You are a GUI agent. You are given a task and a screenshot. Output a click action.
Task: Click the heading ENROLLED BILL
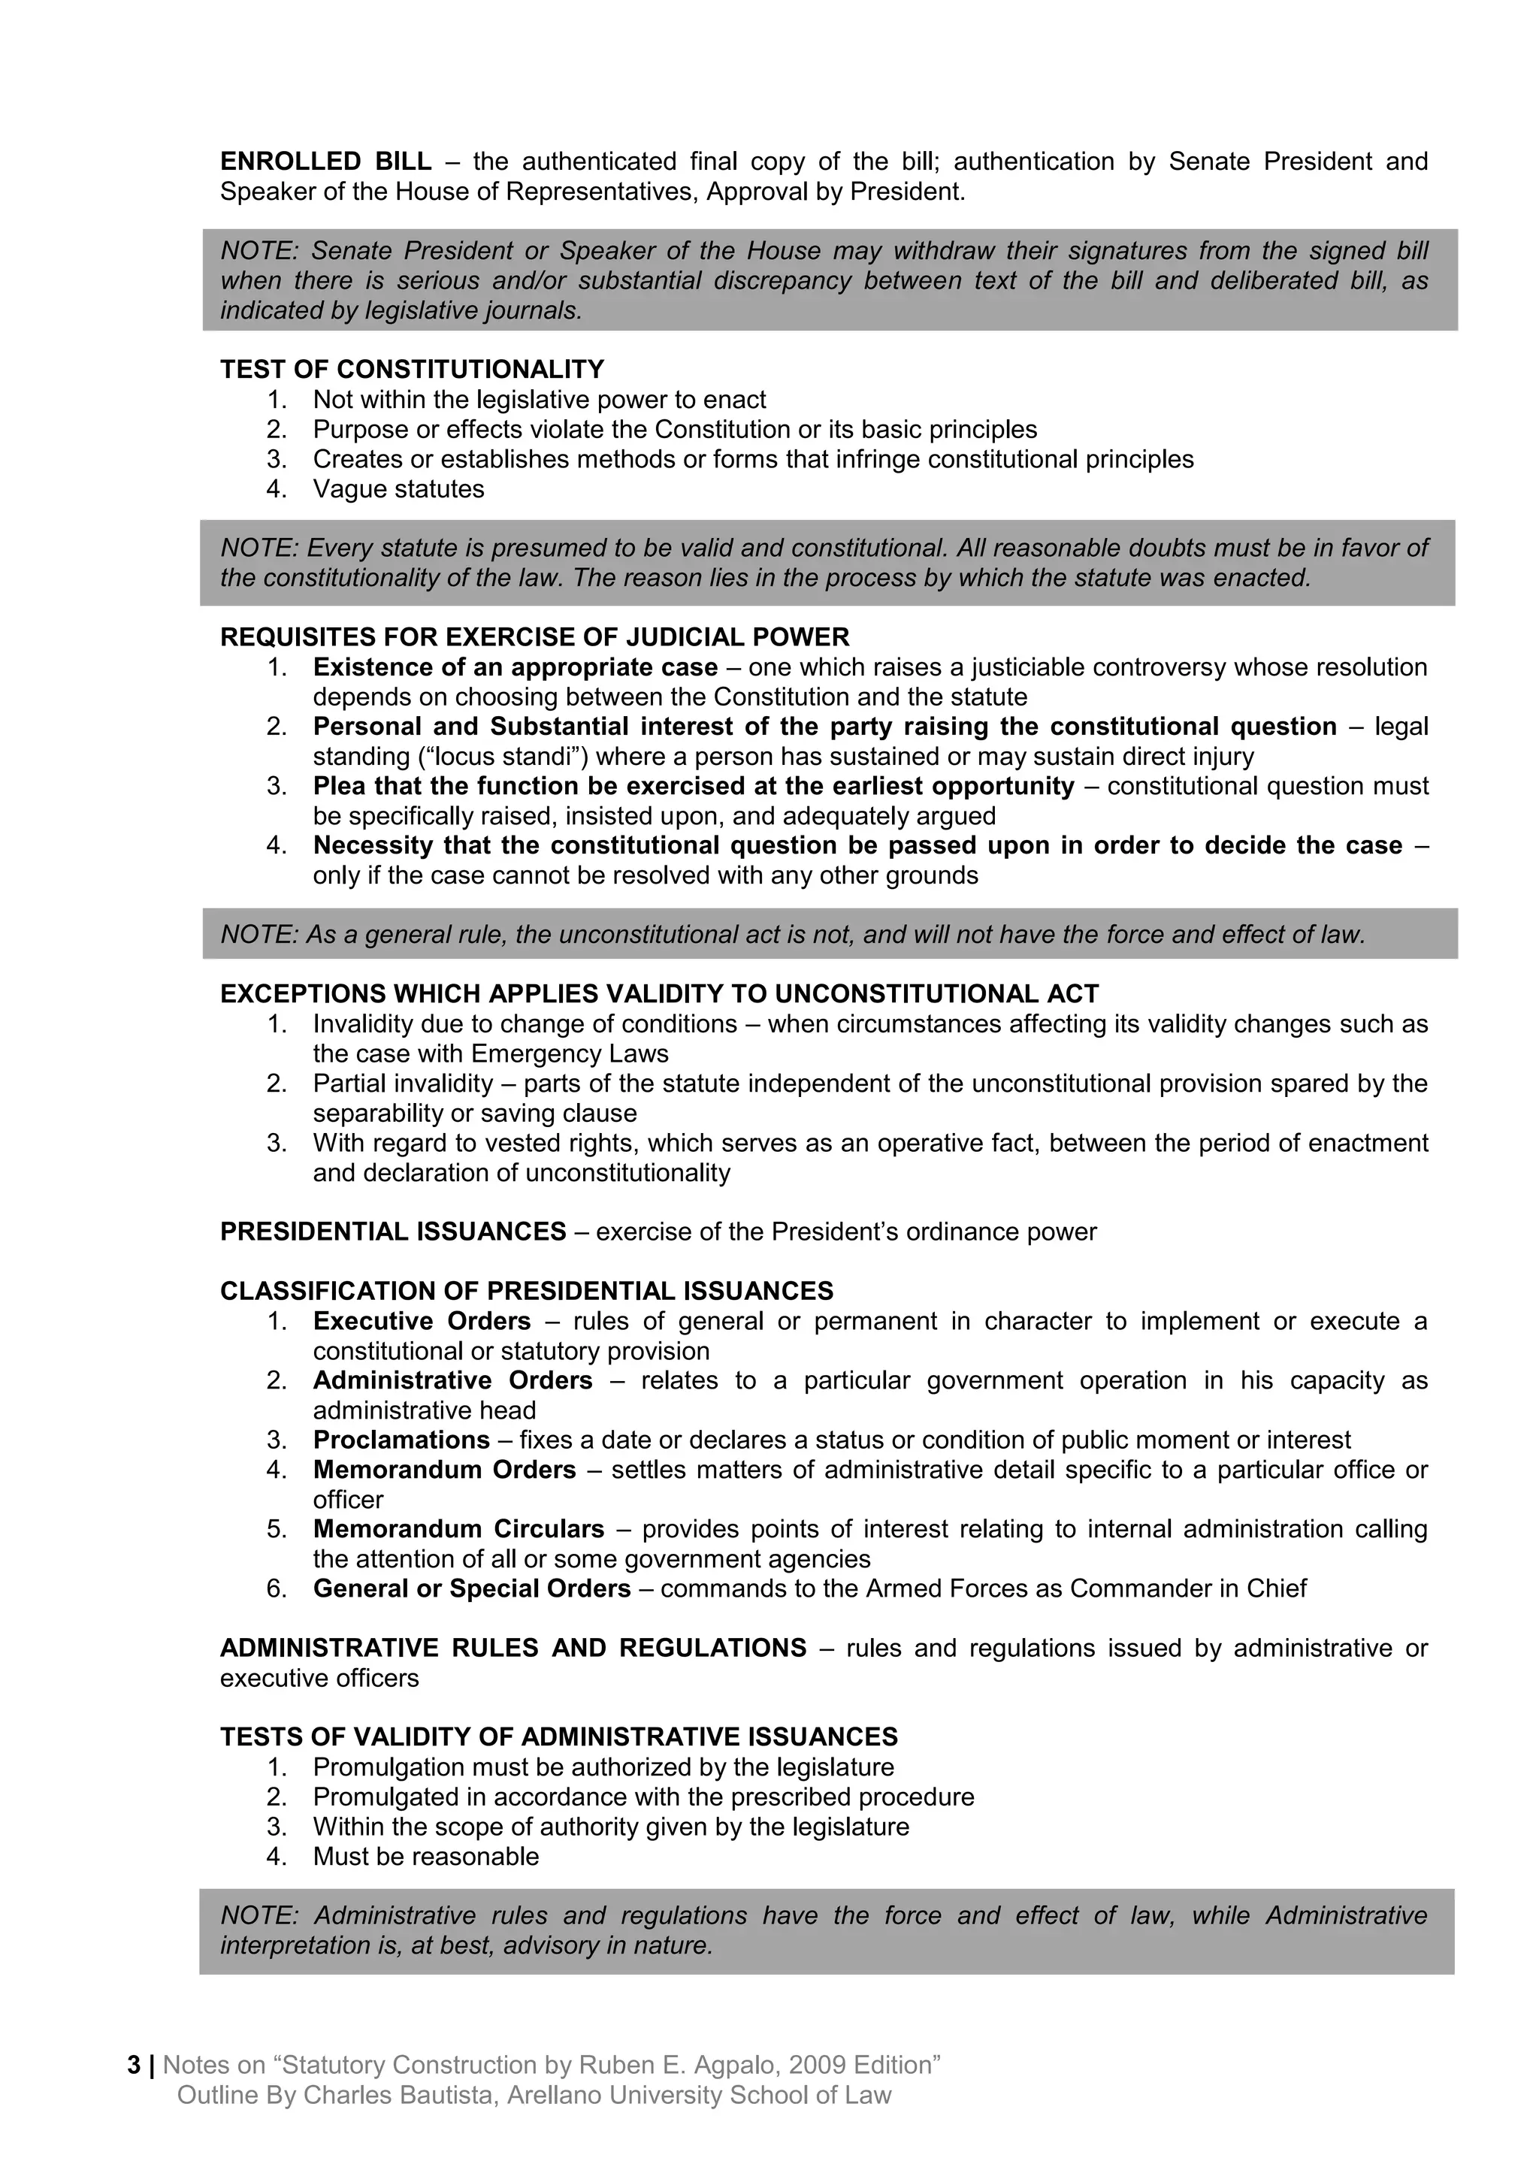pos(325,162)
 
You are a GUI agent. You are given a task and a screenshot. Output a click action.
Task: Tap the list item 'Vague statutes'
pos(398,489)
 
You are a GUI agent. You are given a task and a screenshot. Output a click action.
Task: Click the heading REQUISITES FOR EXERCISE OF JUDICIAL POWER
pos(534,637)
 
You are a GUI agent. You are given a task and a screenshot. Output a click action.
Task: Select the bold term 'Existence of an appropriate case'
pos(515,667)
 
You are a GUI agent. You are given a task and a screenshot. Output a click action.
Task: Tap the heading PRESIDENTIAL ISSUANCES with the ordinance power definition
pos(392,1232)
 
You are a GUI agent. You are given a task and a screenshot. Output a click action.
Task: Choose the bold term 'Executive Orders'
pos(422,1321)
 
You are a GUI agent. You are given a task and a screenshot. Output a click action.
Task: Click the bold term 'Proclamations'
pos(401,1440)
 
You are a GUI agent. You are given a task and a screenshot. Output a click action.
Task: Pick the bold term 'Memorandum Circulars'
pos(458,1530)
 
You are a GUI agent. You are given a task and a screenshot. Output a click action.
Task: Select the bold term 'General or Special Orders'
pos(471,1589)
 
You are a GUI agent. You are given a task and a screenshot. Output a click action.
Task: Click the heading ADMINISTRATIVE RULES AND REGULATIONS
pos(512,1648)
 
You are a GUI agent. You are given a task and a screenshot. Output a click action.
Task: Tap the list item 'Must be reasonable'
pos(425,1857)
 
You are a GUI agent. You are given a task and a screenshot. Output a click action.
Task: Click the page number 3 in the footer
pos(134,2065)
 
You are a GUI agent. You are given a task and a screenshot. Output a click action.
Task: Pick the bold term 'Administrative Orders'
pos(452,1381)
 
